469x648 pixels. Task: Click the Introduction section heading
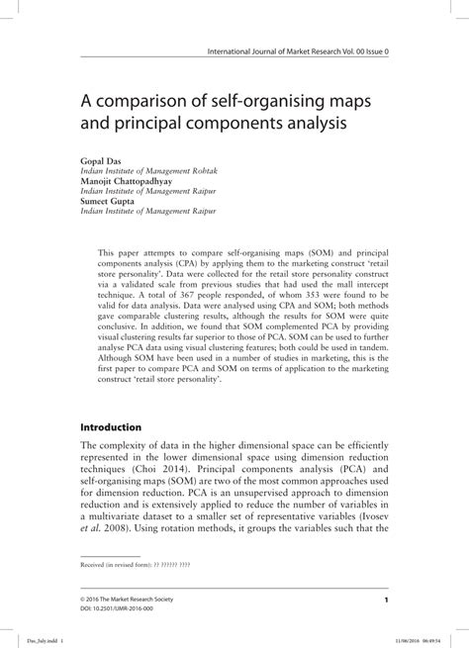click(116, 428)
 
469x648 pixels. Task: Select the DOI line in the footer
click(125, 609)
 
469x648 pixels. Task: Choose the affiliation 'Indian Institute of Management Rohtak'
click(150, 170)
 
